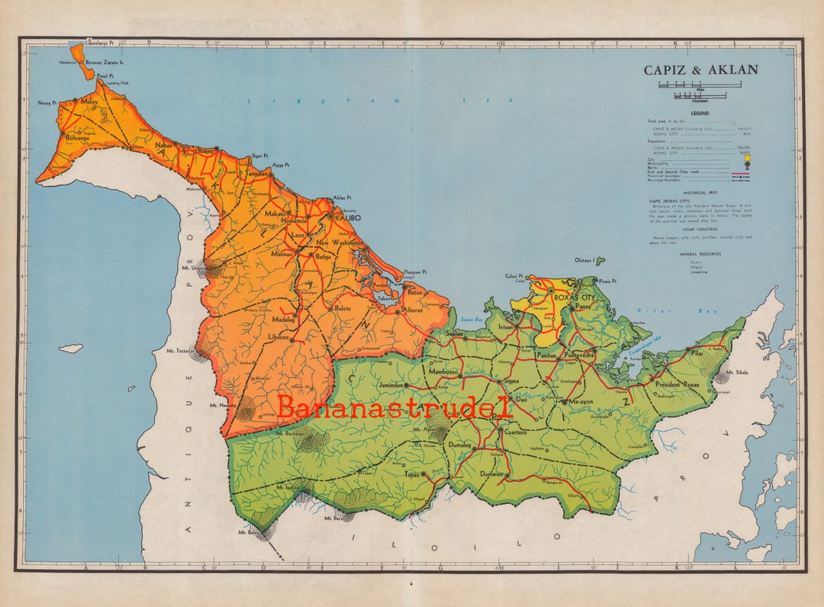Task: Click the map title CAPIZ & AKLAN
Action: [700, 70]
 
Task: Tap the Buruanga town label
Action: [78, 139]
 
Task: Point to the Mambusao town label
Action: [443, 372]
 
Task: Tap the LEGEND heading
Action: [700, 113]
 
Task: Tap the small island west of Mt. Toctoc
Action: [70, 348]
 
